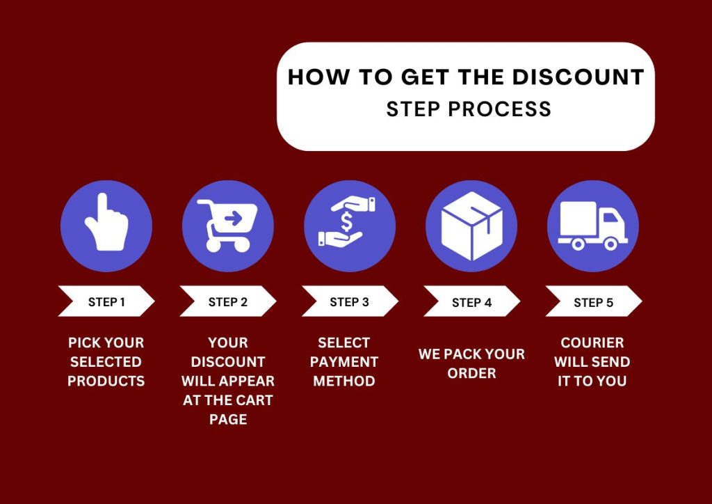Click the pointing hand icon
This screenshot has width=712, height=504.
[x=106, y=223]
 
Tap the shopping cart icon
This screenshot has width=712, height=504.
[x=227, y=226]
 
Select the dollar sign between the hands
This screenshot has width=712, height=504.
[x=346, y=222]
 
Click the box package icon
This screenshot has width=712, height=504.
[x=472, y=226]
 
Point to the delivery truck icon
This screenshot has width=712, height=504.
[x=592, y=226]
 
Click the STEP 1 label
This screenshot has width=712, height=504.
[x=106, y=302]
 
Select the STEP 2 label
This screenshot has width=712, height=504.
[x=228, y=302]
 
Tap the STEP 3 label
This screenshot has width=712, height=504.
[x=349, y=302]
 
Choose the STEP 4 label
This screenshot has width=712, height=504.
[x=472, y=303]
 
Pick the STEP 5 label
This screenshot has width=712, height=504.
[x=594, y=303]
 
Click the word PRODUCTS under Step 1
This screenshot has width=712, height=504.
[x=106, y=381]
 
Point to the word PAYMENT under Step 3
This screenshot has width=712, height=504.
[x=344, y=362]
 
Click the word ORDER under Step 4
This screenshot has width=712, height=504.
[x=472, y=373]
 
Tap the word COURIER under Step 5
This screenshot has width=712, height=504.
[x=592, y=342]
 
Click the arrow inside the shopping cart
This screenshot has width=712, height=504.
[x=234, y=219]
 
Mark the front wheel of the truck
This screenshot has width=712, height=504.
[x=610, y=244]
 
